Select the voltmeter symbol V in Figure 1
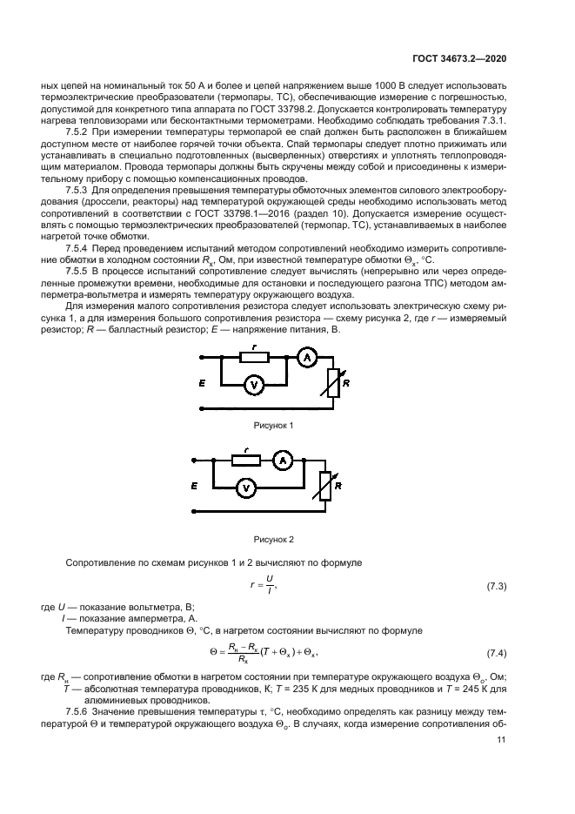254,386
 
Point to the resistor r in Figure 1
253,357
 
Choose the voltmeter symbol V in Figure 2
246,488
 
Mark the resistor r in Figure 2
246,461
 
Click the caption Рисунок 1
273,425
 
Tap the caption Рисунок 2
273,540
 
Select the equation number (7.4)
497,652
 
